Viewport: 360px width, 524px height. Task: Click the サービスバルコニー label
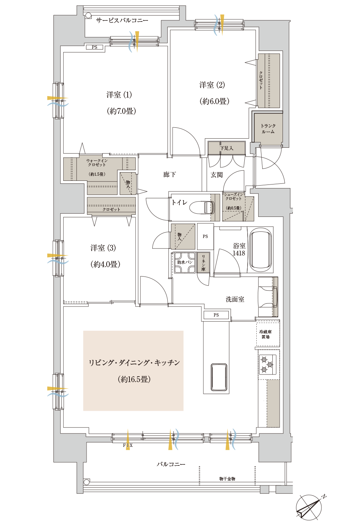pos(122,20)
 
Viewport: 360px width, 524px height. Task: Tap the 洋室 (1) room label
pos(119,95)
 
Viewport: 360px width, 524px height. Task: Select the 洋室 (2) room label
pos(212,85)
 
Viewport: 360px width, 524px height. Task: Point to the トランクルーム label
pos(268,128)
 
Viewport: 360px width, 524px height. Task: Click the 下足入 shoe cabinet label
pos(227,148)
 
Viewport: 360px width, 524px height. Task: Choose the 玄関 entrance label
pos(217,175)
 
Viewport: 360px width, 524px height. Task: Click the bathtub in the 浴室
pos(260,250)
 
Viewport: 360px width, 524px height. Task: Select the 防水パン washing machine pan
pos(185,262)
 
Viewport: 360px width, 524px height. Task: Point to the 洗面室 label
pos(235,299)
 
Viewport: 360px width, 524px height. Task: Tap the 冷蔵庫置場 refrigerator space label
pos(265,334)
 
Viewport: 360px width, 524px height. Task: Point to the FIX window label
pos(128,445)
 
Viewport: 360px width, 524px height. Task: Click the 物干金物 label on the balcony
pos(227,479)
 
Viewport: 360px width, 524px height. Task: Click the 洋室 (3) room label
pos(103,248)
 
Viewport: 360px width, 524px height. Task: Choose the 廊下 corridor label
pos(169,175)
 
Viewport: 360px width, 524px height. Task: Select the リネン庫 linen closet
pos(203,262)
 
